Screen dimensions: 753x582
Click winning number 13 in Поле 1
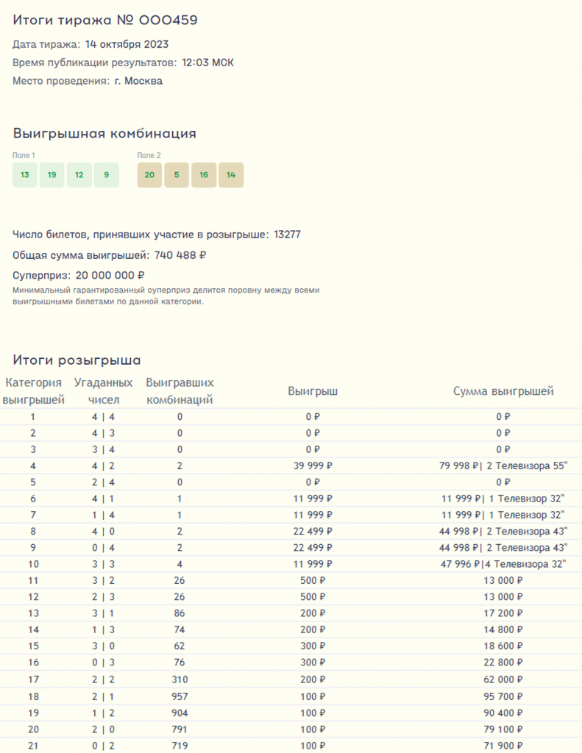click(x=25, y=175)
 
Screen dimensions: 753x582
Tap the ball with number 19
click(x=52, y=175)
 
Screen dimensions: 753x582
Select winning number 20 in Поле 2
click(x=149, y=175)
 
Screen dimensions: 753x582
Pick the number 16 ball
click(x=204, y=175)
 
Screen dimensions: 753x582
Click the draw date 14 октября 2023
click(x=127, y=44)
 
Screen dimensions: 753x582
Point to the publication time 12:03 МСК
click(x=207, y=63)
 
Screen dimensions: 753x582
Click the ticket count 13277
click(x=287, y=235)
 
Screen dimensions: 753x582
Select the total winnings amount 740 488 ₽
click(x=180, y=255)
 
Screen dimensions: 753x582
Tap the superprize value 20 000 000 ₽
click(x=109, y=276)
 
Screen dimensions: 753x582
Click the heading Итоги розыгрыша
click(x=77, y=360)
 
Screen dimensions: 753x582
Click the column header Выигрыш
click(x=313, y=391)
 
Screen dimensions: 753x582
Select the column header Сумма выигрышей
click(x=503, y=391)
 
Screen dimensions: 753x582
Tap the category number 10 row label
click(x=32, y=564)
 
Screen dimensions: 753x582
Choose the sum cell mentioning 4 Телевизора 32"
click(x=503, y=564)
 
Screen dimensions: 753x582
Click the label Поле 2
click(x=149, y=155)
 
